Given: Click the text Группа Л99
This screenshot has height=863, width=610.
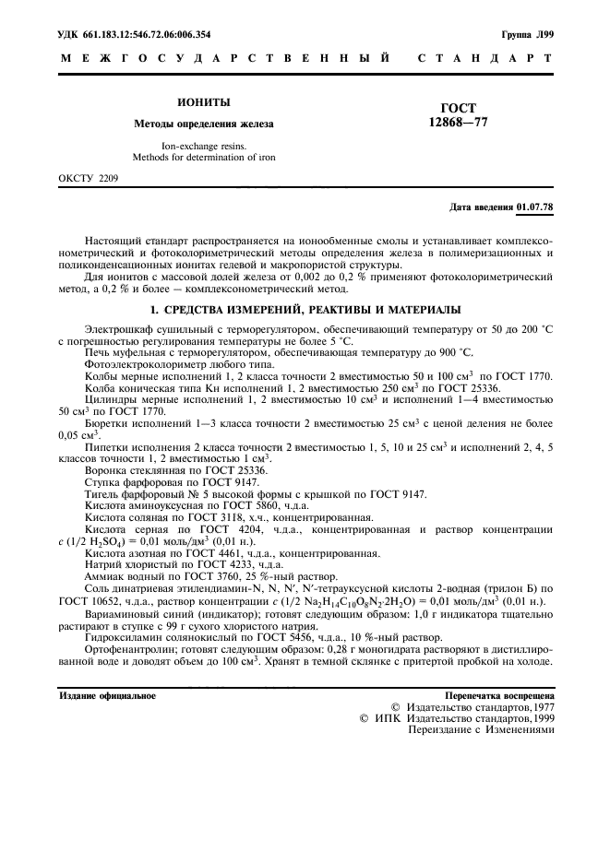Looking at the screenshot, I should point(527,35).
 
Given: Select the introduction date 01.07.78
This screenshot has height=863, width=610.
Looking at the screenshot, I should point(535,207).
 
